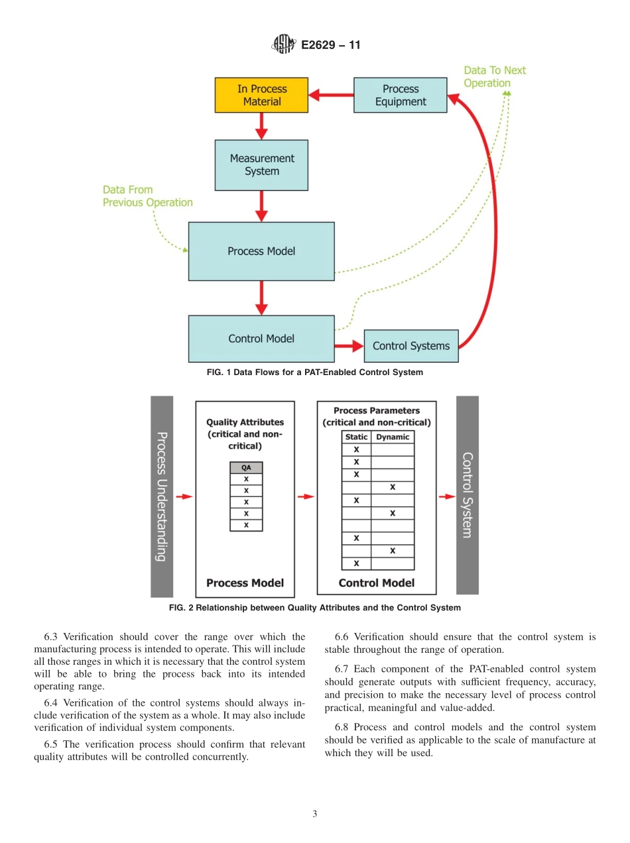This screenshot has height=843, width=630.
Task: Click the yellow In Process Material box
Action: [x=261, y=95]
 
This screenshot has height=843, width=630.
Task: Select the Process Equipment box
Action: [x=400, y=95]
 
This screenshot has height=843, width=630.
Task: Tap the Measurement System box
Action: [x=261, y=165]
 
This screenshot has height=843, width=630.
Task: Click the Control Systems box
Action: [x=410, y=346]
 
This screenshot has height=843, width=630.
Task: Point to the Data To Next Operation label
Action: [x=494, y=77]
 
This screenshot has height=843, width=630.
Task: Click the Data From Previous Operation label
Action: [x=147, y=196]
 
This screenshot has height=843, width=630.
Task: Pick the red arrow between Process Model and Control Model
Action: [x=261, y=298]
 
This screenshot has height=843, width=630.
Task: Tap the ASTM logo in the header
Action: [x=283, y=45]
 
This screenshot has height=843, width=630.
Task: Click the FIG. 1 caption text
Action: [x=314, y=372]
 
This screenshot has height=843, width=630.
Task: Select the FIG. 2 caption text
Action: [x=314, y=608]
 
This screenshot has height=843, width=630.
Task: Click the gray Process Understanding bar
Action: [x=162, y=496]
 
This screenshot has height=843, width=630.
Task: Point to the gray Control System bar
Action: [x=467, y=495]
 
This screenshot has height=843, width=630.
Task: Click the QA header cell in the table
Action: [x=246, y=467]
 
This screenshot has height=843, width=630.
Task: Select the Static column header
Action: [x=356, y=437]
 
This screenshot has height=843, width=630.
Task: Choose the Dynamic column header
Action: [x=393, y=437]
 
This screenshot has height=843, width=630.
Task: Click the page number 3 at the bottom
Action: [x=314, y=815]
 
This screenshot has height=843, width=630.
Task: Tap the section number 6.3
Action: [x=52, y=637]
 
